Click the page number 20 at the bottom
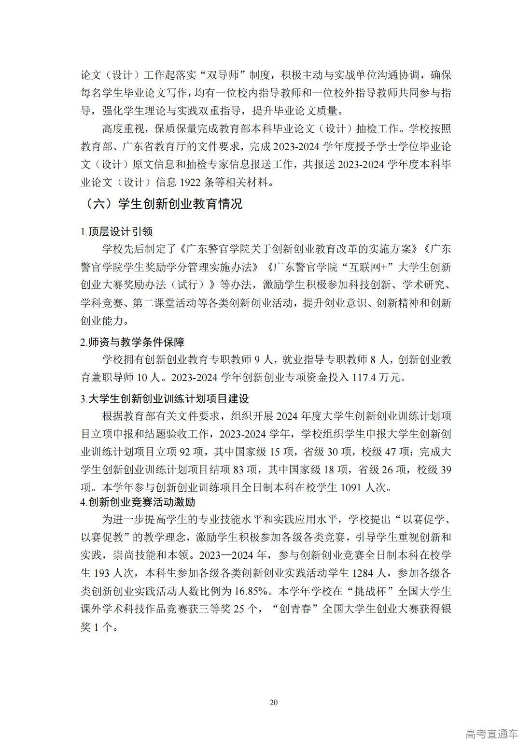click(274, 702)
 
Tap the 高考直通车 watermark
click(491, 734)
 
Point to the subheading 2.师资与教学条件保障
click(132, 342)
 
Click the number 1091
click(351, 487)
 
